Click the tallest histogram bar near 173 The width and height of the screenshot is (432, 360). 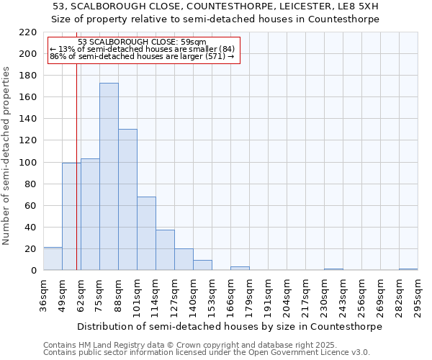tap(109, 176)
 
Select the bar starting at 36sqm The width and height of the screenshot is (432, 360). tap(53, 258)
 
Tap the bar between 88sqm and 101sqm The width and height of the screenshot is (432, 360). tap(127, 199)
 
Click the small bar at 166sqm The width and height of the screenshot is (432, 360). tap(240, 269)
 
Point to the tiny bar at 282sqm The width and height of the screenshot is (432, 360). tap(408, 269)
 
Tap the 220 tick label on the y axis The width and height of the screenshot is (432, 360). tap(28, 32)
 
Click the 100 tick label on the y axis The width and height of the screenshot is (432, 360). tap(28, 163)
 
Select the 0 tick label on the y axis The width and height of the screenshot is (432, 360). tap(34, 271)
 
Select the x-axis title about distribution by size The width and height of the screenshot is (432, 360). tap(230, 326)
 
